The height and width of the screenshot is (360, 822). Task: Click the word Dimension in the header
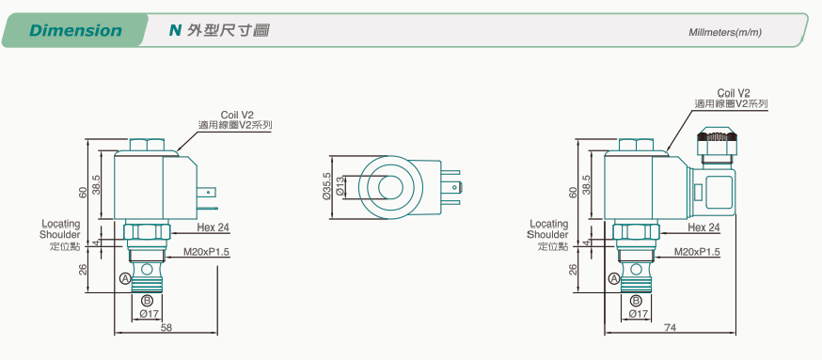click(x=75, y=30)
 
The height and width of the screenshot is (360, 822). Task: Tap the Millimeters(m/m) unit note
click(x=725, y=33)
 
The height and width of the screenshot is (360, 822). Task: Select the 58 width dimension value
click(x=166, y=328)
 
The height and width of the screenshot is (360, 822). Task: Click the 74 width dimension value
click(x=670, y=328)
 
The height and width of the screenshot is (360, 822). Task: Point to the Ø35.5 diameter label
click(x=327, y=186)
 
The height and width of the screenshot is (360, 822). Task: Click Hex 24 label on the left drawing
click(x=213, y=228)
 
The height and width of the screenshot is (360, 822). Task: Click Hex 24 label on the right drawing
click(x=703, y=228)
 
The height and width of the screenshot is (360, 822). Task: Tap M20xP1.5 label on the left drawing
click(x=207, y=253)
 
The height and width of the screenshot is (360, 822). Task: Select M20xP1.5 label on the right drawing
click(x=697, y=253)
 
